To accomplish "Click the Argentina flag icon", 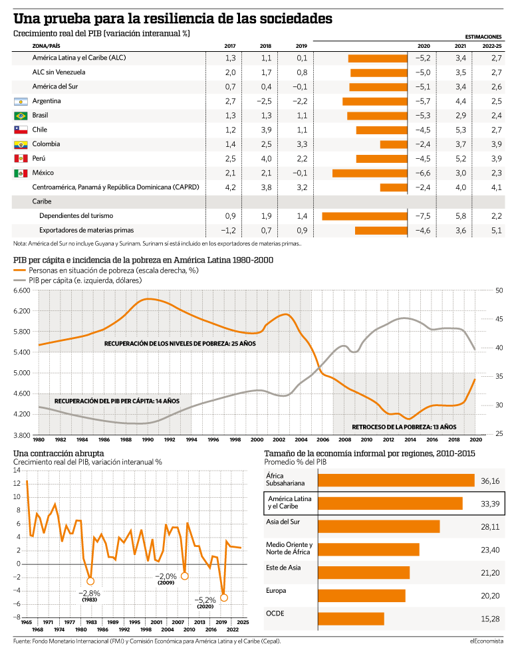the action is pyautogui.click(x=21, y=101).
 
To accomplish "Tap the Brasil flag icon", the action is pyautogui.click(x=21, y=116).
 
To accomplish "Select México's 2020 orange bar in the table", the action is pyautogui.click(x=370, y=173).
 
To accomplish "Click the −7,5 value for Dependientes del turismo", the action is pyautogui.click(x=423, y=216).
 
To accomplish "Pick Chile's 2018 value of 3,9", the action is pyautogui.click(x=266, y=130).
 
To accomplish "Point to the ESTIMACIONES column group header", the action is pyautogui.click(x=483, y=37).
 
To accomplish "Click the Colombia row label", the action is pyautogui.click(x=46, y=144).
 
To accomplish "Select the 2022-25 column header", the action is pyautogui.click(x=492, y=47).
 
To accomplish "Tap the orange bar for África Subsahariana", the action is pyautogui.click(x=396, y=481).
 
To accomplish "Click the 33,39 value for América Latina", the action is pyautogui.click(x=490, y=504).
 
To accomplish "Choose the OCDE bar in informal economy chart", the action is pyautogui.click(x=351, y=619).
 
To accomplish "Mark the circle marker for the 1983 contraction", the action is pyautogui.click(x=90, y=582).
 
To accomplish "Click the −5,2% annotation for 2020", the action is pyautogui.click(x=205, y=600).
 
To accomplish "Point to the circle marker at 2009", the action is pyautogui.click(x=184, y=576).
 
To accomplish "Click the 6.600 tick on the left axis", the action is pyautogui.click(x=22, y=290).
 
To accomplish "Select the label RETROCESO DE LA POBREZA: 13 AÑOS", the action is pyautogui.click(x=404, y=427).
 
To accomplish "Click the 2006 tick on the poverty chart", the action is pyautogui.click(x=322, y=439).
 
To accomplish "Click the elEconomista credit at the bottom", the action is pyautogui.click(x=486, y=641).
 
